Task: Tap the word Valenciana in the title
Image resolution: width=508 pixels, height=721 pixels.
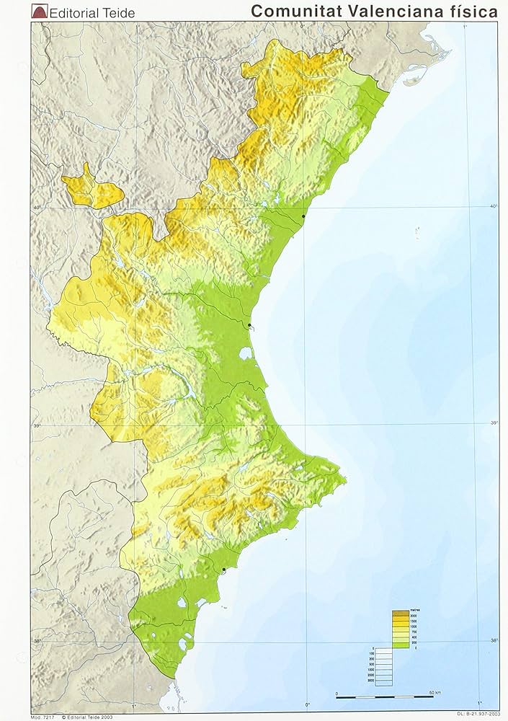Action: (x=383, y=12)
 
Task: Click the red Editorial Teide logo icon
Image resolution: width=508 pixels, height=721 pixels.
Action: (x=39, y=12)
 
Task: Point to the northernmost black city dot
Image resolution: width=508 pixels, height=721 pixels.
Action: (x=303, y=216)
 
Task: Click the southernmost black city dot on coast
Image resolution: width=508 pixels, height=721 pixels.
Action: (x=223, y=570)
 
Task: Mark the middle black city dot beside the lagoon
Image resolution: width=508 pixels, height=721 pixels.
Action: (x=249, y=326)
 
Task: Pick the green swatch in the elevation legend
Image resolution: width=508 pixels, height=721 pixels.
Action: (x=400, y=646)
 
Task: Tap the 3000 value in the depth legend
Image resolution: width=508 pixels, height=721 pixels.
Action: (x=370, y=681)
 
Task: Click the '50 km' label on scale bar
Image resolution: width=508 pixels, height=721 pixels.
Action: (x=436, y=693)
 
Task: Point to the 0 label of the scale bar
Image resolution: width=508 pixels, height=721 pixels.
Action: (x=337, y=693)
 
